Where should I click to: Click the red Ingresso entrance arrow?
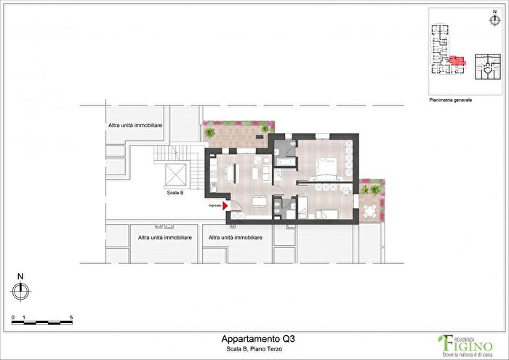(225, 207)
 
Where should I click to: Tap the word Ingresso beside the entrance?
(215, 207)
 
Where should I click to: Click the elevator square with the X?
(177, 175)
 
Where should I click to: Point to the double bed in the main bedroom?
(325, 169)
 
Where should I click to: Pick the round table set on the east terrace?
(371, 212)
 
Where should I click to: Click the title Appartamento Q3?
(254, 338)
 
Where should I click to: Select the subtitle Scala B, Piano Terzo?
(254, 350)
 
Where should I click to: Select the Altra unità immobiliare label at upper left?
(135, 127)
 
